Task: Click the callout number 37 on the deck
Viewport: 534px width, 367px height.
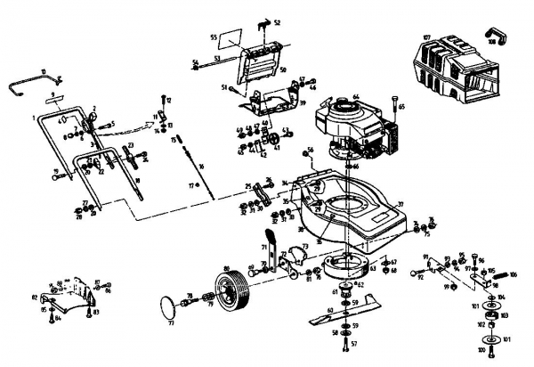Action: [x=400, y=205]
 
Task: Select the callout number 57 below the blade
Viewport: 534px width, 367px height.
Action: [x=354, y=343]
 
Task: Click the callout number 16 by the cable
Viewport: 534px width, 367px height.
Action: [x=202, y=167]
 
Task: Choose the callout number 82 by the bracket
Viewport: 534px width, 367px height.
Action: [x=35, y=296]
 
